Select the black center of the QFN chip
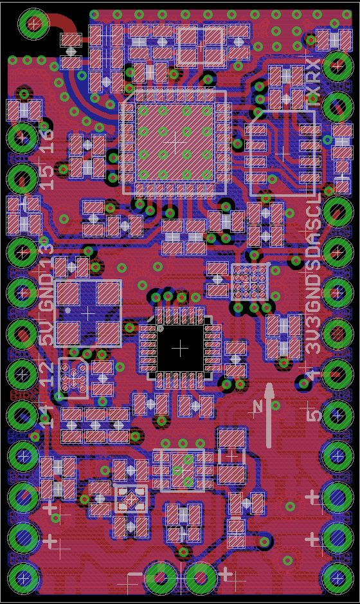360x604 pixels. [181, 347]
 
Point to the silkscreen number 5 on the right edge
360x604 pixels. [314, 412]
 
